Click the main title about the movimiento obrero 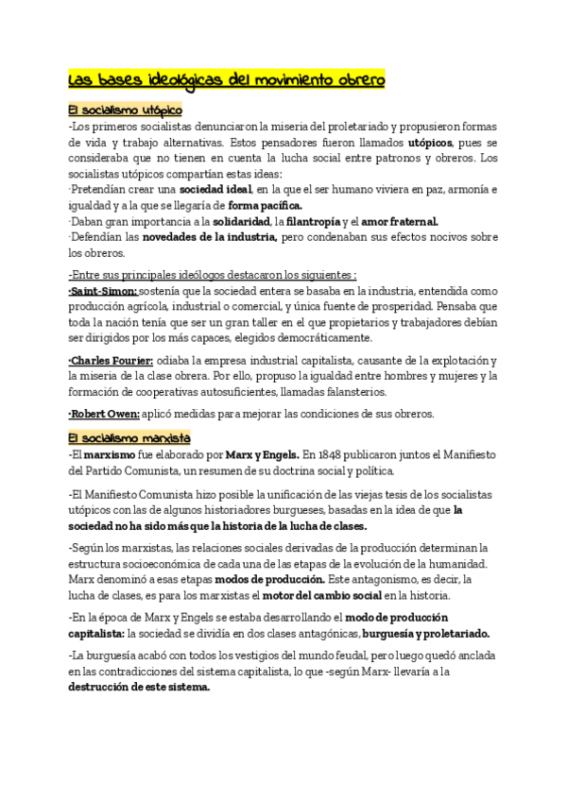click(227, 79)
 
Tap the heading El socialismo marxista click(129, 438)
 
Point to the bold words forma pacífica click(266, 205)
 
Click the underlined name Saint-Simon click(103, 291)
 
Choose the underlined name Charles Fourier click(111, 361)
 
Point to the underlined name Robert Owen click(104, 414)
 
